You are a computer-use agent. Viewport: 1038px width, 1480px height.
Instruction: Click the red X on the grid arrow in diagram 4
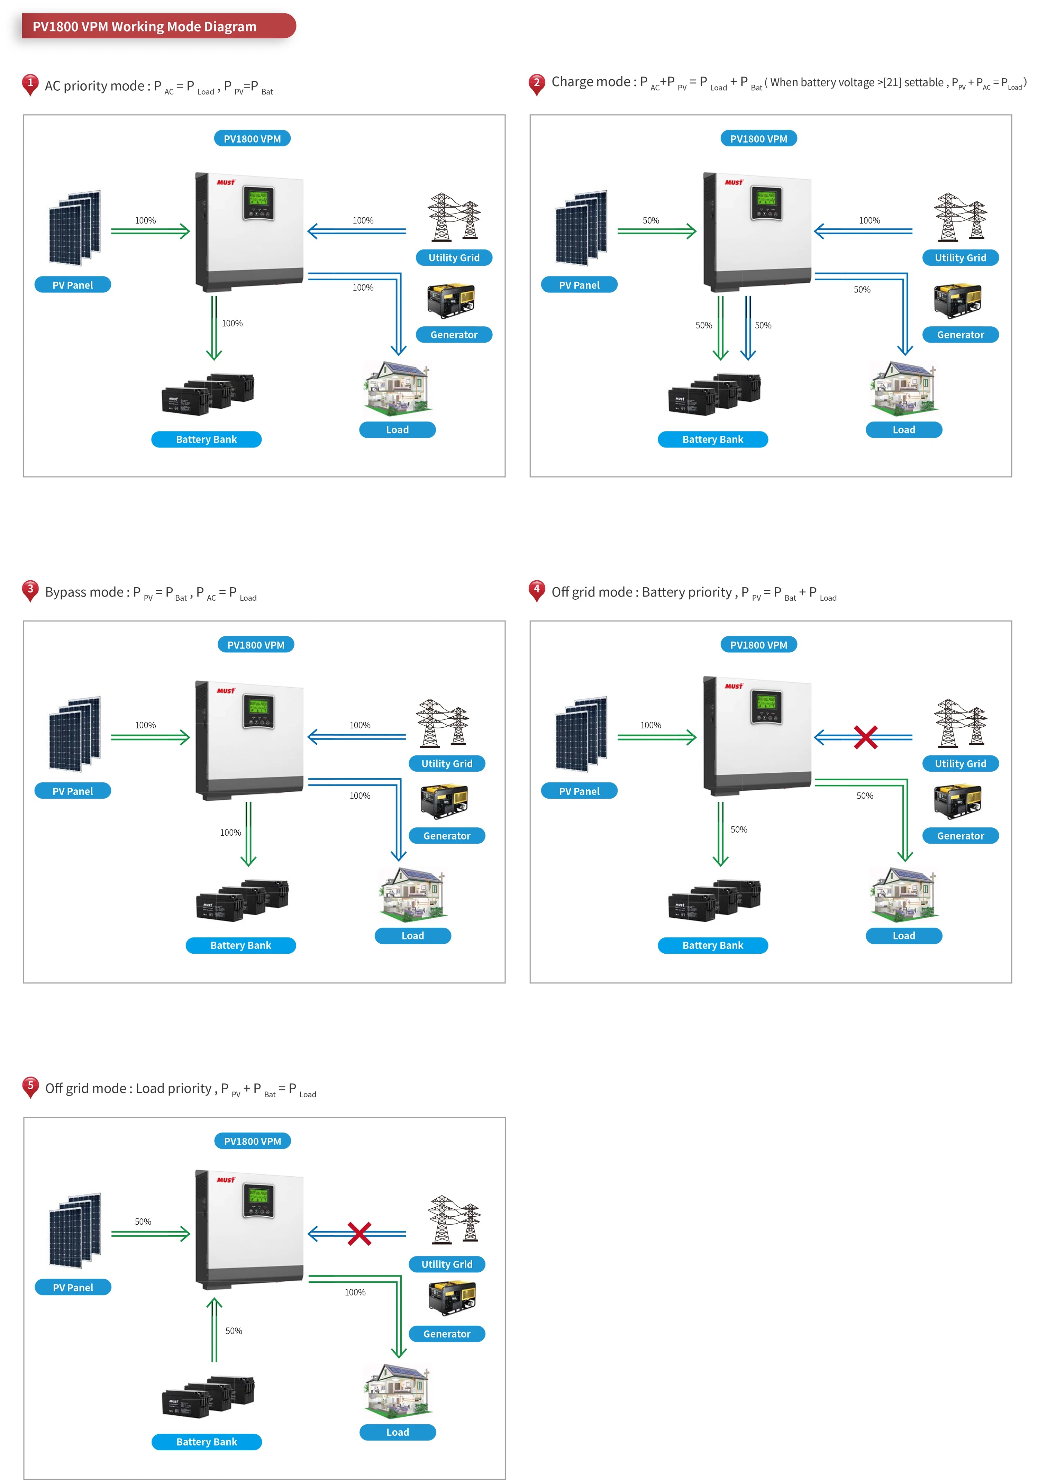865,737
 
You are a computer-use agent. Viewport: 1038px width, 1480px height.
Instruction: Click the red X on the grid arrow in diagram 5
359,1234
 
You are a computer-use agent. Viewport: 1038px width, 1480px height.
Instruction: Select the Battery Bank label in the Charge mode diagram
712,439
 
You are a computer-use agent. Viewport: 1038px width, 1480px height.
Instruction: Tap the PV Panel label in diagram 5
73,1287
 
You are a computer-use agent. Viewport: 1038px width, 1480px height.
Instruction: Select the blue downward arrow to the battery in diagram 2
748,327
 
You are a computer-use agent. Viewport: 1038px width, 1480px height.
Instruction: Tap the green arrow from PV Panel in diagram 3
150,737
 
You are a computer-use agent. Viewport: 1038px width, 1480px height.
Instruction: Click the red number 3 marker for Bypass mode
30,590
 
